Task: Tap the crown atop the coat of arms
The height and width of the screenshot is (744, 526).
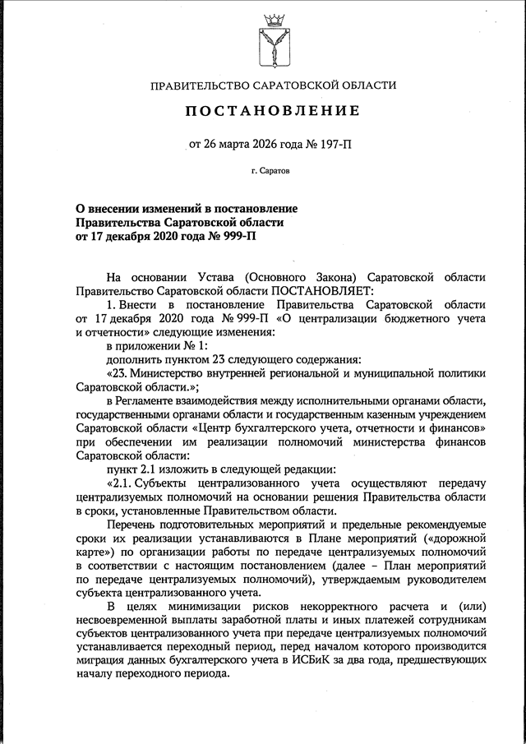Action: click(272, 18)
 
